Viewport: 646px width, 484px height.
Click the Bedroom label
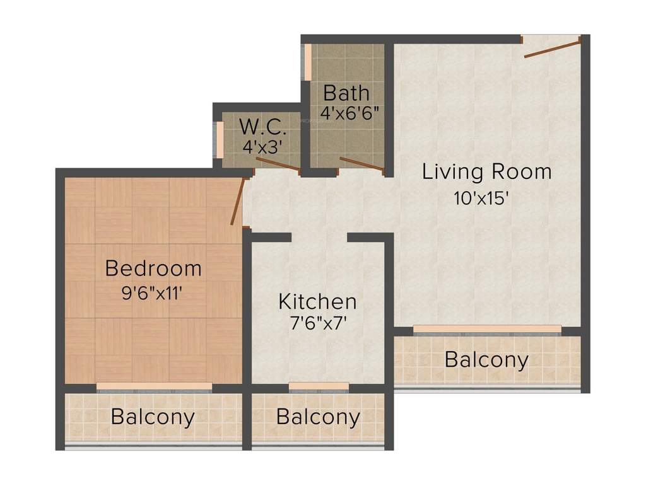153,268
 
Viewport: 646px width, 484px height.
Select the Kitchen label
317,301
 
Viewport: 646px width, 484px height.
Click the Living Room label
486,171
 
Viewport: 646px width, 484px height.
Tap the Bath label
346,93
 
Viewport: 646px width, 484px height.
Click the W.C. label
263,127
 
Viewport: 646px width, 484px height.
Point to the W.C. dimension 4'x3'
262,147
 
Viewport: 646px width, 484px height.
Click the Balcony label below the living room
486,360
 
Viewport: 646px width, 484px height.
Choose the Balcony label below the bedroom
153,417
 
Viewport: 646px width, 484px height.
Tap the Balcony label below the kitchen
318,417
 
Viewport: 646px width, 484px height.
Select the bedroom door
238,202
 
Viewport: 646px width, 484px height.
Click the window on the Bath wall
308,62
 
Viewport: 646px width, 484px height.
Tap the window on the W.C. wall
220,138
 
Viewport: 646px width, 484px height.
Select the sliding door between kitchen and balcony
319,386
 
